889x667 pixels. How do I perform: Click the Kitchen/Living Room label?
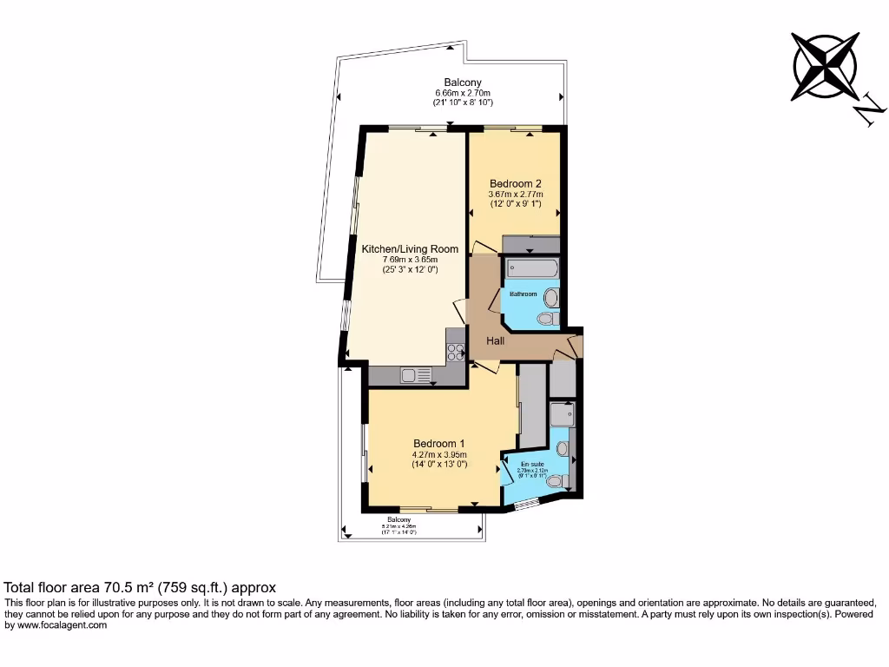tap(410, 248)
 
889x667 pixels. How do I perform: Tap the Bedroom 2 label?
tap(515, 183)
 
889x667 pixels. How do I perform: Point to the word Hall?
tap(495, 340)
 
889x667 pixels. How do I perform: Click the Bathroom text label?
tap(523, 294)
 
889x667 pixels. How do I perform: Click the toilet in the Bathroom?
tap(548, 319)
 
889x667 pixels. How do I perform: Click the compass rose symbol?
tap(825, 66)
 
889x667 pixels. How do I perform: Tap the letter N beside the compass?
tap(869, 110)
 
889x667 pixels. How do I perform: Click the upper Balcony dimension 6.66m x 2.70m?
tap(463, 93)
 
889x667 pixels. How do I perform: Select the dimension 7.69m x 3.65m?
tap(410, 260)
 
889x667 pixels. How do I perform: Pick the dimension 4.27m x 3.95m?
tap(439, 454)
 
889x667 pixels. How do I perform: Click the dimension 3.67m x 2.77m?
tap(515, 195)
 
